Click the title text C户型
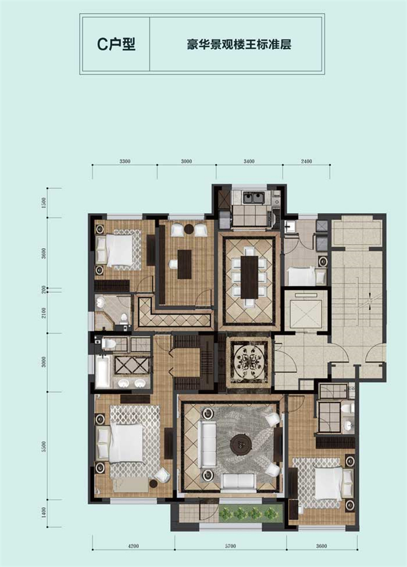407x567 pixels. pyautogui.click(x=116, y=44)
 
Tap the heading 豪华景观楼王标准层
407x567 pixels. pyautogui.click(x=239, y=45)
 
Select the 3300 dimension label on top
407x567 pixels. pyautogui.click(x=125, y=162)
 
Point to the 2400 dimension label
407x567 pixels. pyautogui.click(x=306, y=162)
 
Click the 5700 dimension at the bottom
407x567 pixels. pyautogui.click(x=230, y=546)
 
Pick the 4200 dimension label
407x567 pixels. pyautogui.click(x=133, y=546)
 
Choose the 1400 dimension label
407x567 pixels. pyautogui.click(x=44, y=512)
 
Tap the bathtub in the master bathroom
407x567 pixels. pyautogui.click(x=103, y=372)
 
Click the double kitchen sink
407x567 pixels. pyautogui.click(x=254, y=198)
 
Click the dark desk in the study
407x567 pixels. pyautogui.click(x=185, y=264)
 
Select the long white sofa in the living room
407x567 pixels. pyautogui.click(x=207, y=444)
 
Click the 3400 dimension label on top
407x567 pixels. pyautogui.click(x=249, y=162)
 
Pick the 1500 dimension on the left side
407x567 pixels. pyautogui.click(x=44, y=202)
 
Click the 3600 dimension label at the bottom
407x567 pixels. pyautogui.click(x=321, y=546)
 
